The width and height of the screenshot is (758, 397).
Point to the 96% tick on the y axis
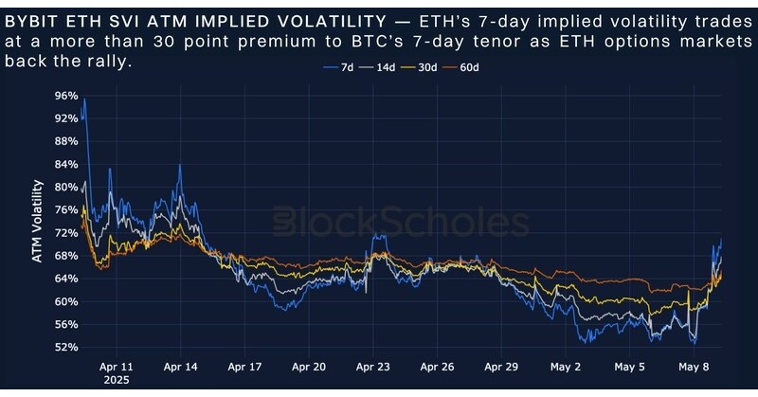point(66,96)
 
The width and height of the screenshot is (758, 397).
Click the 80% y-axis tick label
point(66,187)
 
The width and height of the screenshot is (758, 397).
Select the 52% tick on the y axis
point(66,347)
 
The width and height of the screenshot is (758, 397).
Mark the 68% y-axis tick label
point(66,256)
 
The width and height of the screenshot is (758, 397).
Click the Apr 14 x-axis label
point(179,365)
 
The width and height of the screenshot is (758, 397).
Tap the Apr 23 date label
point(372,365)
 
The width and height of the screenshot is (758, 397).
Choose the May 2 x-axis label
point(566,365)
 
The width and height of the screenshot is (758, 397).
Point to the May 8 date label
point(695,365)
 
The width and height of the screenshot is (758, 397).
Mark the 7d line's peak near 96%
point(84,99)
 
